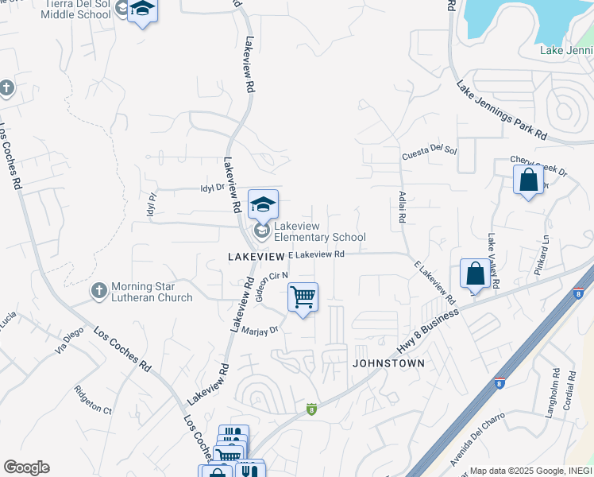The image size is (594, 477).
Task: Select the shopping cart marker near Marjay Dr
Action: click(x=303, y=298)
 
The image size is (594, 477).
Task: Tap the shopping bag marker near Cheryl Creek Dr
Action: click(x=528, y=180)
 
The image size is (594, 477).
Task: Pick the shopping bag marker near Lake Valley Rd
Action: click(x=475, y=274)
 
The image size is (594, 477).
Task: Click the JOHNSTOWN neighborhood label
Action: click(x=389, y=363)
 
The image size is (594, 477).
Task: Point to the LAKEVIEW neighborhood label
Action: click(x=256, y=257)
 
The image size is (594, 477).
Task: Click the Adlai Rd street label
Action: click(x=403, y=206)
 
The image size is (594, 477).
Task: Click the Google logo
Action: click(x=26, y=467)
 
